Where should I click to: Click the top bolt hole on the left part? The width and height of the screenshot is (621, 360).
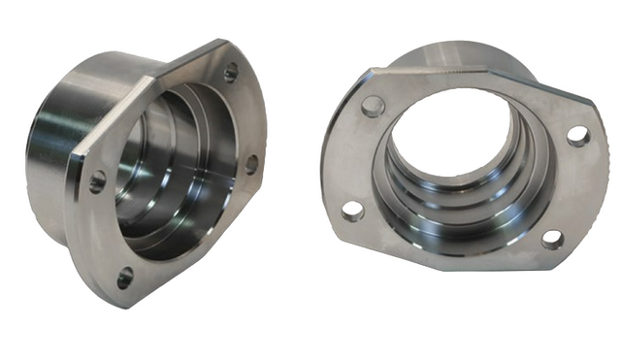point(230,71)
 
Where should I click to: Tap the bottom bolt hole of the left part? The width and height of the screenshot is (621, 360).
point(124,278)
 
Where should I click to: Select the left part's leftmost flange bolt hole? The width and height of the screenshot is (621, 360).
point(97,180)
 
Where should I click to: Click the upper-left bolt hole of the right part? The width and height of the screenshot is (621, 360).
point(373,106)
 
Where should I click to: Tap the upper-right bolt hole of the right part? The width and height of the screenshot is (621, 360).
point(577,136)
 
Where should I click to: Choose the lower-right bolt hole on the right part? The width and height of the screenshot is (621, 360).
point(552,239)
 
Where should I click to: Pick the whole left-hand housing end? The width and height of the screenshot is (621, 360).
point(146,170)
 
